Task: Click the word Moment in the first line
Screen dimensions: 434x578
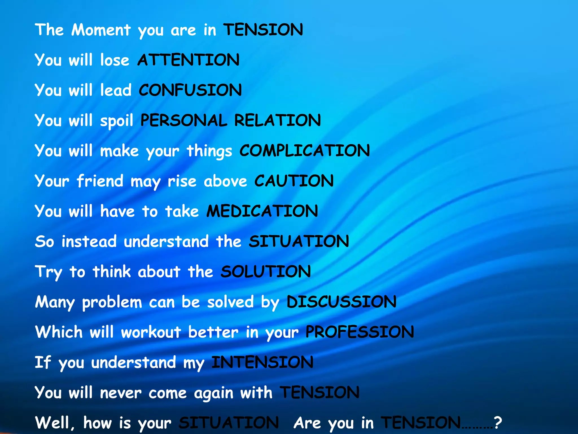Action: click(x=101, y=30)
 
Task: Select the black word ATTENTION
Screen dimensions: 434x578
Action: click(x=189, y=60)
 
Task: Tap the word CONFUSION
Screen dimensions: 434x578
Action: click(x=190, y=90)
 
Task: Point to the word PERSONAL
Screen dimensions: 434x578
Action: click(x=184, y=120)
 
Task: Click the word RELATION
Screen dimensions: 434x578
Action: click(x=277, y=120)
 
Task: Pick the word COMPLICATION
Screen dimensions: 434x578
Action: click(x=305, y=150)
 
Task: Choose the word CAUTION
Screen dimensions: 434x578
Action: click(x=294, y=181)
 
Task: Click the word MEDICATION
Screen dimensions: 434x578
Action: click(x=262, y=211)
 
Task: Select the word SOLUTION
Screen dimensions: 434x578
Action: click(x=266, y=272)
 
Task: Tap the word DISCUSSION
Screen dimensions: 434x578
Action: click(x=341, y=302)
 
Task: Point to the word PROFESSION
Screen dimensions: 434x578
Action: click(x=360, y=332)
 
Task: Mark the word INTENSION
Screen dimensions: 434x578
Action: click(x=262, y=362)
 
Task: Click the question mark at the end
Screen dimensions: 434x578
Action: click(x=498, y=423)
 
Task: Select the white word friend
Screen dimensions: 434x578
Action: click(x=100, y=181)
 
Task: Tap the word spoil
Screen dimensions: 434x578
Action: click(x=117, y=121)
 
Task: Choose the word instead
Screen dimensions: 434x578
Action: click(x=89, y=242)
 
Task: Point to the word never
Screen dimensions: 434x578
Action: click(x=121, y=393)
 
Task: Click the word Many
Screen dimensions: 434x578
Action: click(x=55, y=302)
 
